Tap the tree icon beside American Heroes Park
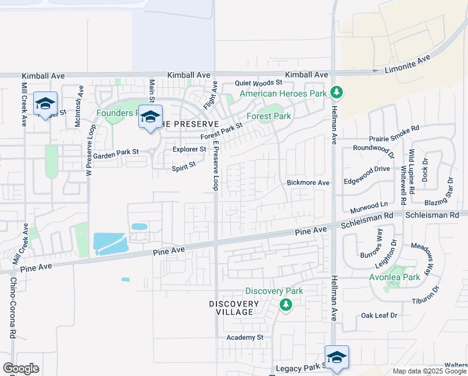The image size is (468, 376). point(337,93)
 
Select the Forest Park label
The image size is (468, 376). point(269,116)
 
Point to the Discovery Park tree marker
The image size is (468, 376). point(286,305)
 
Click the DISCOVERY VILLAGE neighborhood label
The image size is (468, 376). point(234,308)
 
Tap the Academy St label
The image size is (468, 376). point(246,337)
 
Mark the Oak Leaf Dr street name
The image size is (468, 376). point(379,315)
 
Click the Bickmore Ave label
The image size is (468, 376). point(308,183)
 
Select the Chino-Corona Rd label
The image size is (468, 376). point(13,309)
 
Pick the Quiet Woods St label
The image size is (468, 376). point(259,83)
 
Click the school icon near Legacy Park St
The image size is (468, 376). point(337,358)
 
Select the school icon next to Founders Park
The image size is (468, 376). point(150,117)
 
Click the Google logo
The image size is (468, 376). point(21,368)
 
